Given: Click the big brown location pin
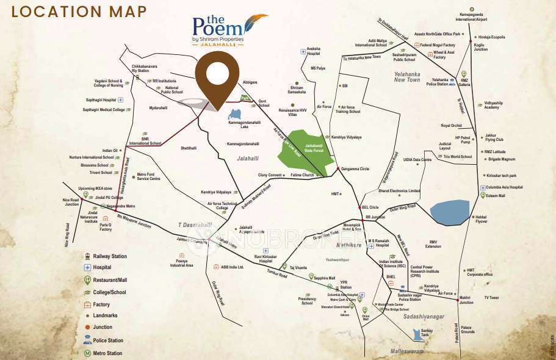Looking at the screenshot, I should pos(217,76).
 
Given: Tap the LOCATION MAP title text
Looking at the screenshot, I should pos(79,12).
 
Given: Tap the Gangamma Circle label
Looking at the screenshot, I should pos(355,168).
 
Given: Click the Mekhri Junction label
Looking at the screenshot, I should pos(466,300).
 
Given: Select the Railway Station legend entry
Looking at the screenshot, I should pos(110,256).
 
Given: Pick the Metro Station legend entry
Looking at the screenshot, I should pos(107,353).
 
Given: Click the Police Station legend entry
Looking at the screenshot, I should pos(108,340).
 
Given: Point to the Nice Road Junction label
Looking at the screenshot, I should pos(70,201).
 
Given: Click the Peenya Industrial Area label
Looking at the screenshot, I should pos(181,264).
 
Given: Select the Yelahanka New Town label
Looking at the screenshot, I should pos(407,77).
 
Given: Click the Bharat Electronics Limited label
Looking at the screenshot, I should pos(399,191).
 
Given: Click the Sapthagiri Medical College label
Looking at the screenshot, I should pos(104,110).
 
